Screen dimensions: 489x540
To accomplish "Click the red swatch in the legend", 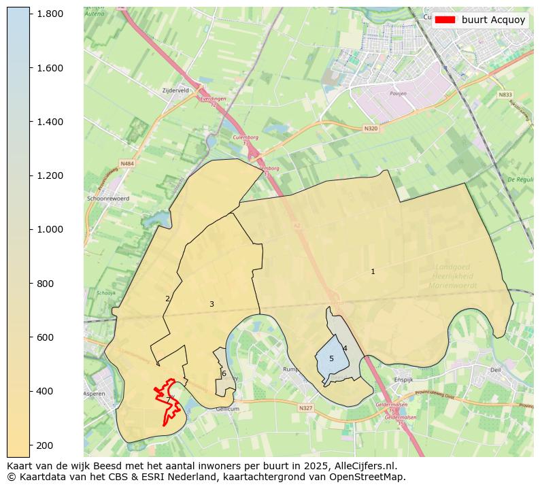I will [x=446, y=20].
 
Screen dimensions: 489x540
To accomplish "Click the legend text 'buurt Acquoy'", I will [x=493, y=20].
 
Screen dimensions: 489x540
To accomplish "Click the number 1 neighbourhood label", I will [x=373, y=272].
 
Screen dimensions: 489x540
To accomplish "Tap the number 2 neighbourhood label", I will [x=167, y=299].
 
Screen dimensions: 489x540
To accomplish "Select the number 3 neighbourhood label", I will [x=212, y=304].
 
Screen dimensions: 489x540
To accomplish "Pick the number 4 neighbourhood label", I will [x=345, y=348].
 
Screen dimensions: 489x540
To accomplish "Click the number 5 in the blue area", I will [x=331, y=358].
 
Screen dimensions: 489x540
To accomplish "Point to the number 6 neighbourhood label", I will [x=224, y=373].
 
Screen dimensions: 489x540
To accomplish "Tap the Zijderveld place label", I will [x=175, y=90].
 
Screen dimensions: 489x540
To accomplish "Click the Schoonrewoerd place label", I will [x=108, y=199].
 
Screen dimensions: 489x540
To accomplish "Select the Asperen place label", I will [x=95, y=394].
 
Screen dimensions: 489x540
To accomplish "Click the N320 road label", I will [x=370, y=128].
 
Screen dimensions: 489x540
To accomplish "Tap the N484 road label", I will [x=127, y=163].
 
